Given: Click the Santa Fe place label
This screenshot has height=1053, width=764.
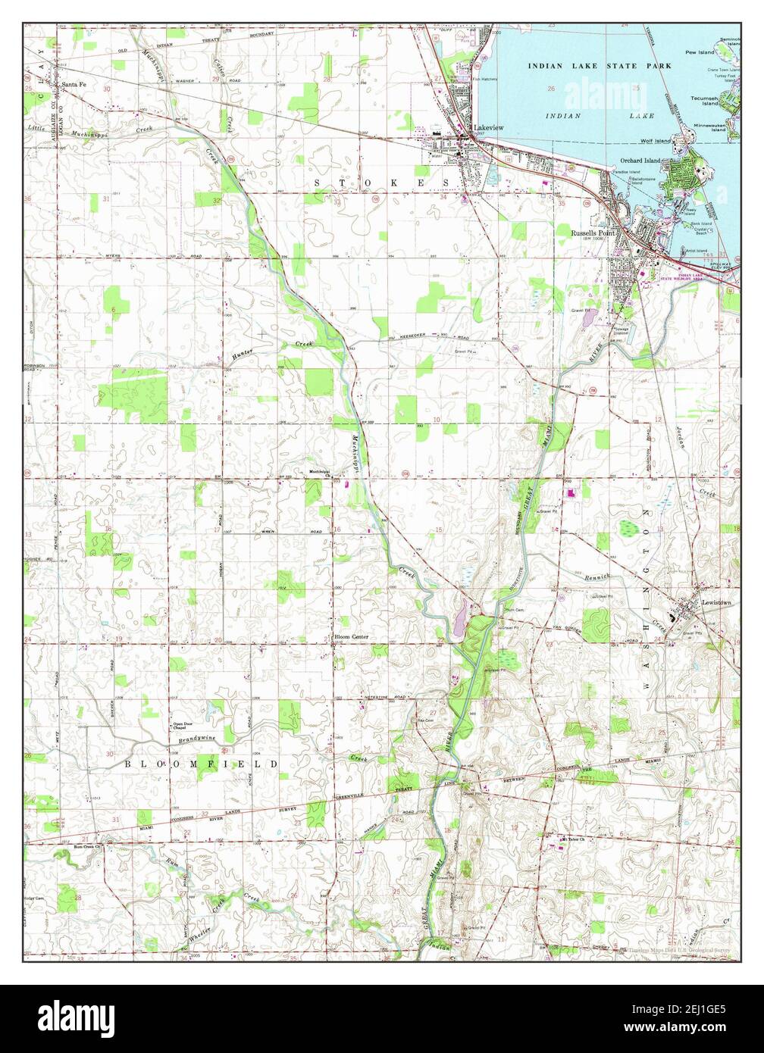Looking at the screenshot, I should pyautogui.click(x=74, y=84).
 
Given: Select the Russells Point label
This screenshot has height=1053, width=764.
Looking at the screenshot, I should pyautogui.click(x=593, y=233).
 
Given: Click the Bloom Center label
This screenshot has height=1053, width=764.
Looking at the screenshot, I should pyautogui.click(x=352, y=637).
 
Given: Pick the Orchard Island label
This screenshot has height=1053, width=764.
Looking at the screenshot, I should pyautogui.click(x=640, y=161).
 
